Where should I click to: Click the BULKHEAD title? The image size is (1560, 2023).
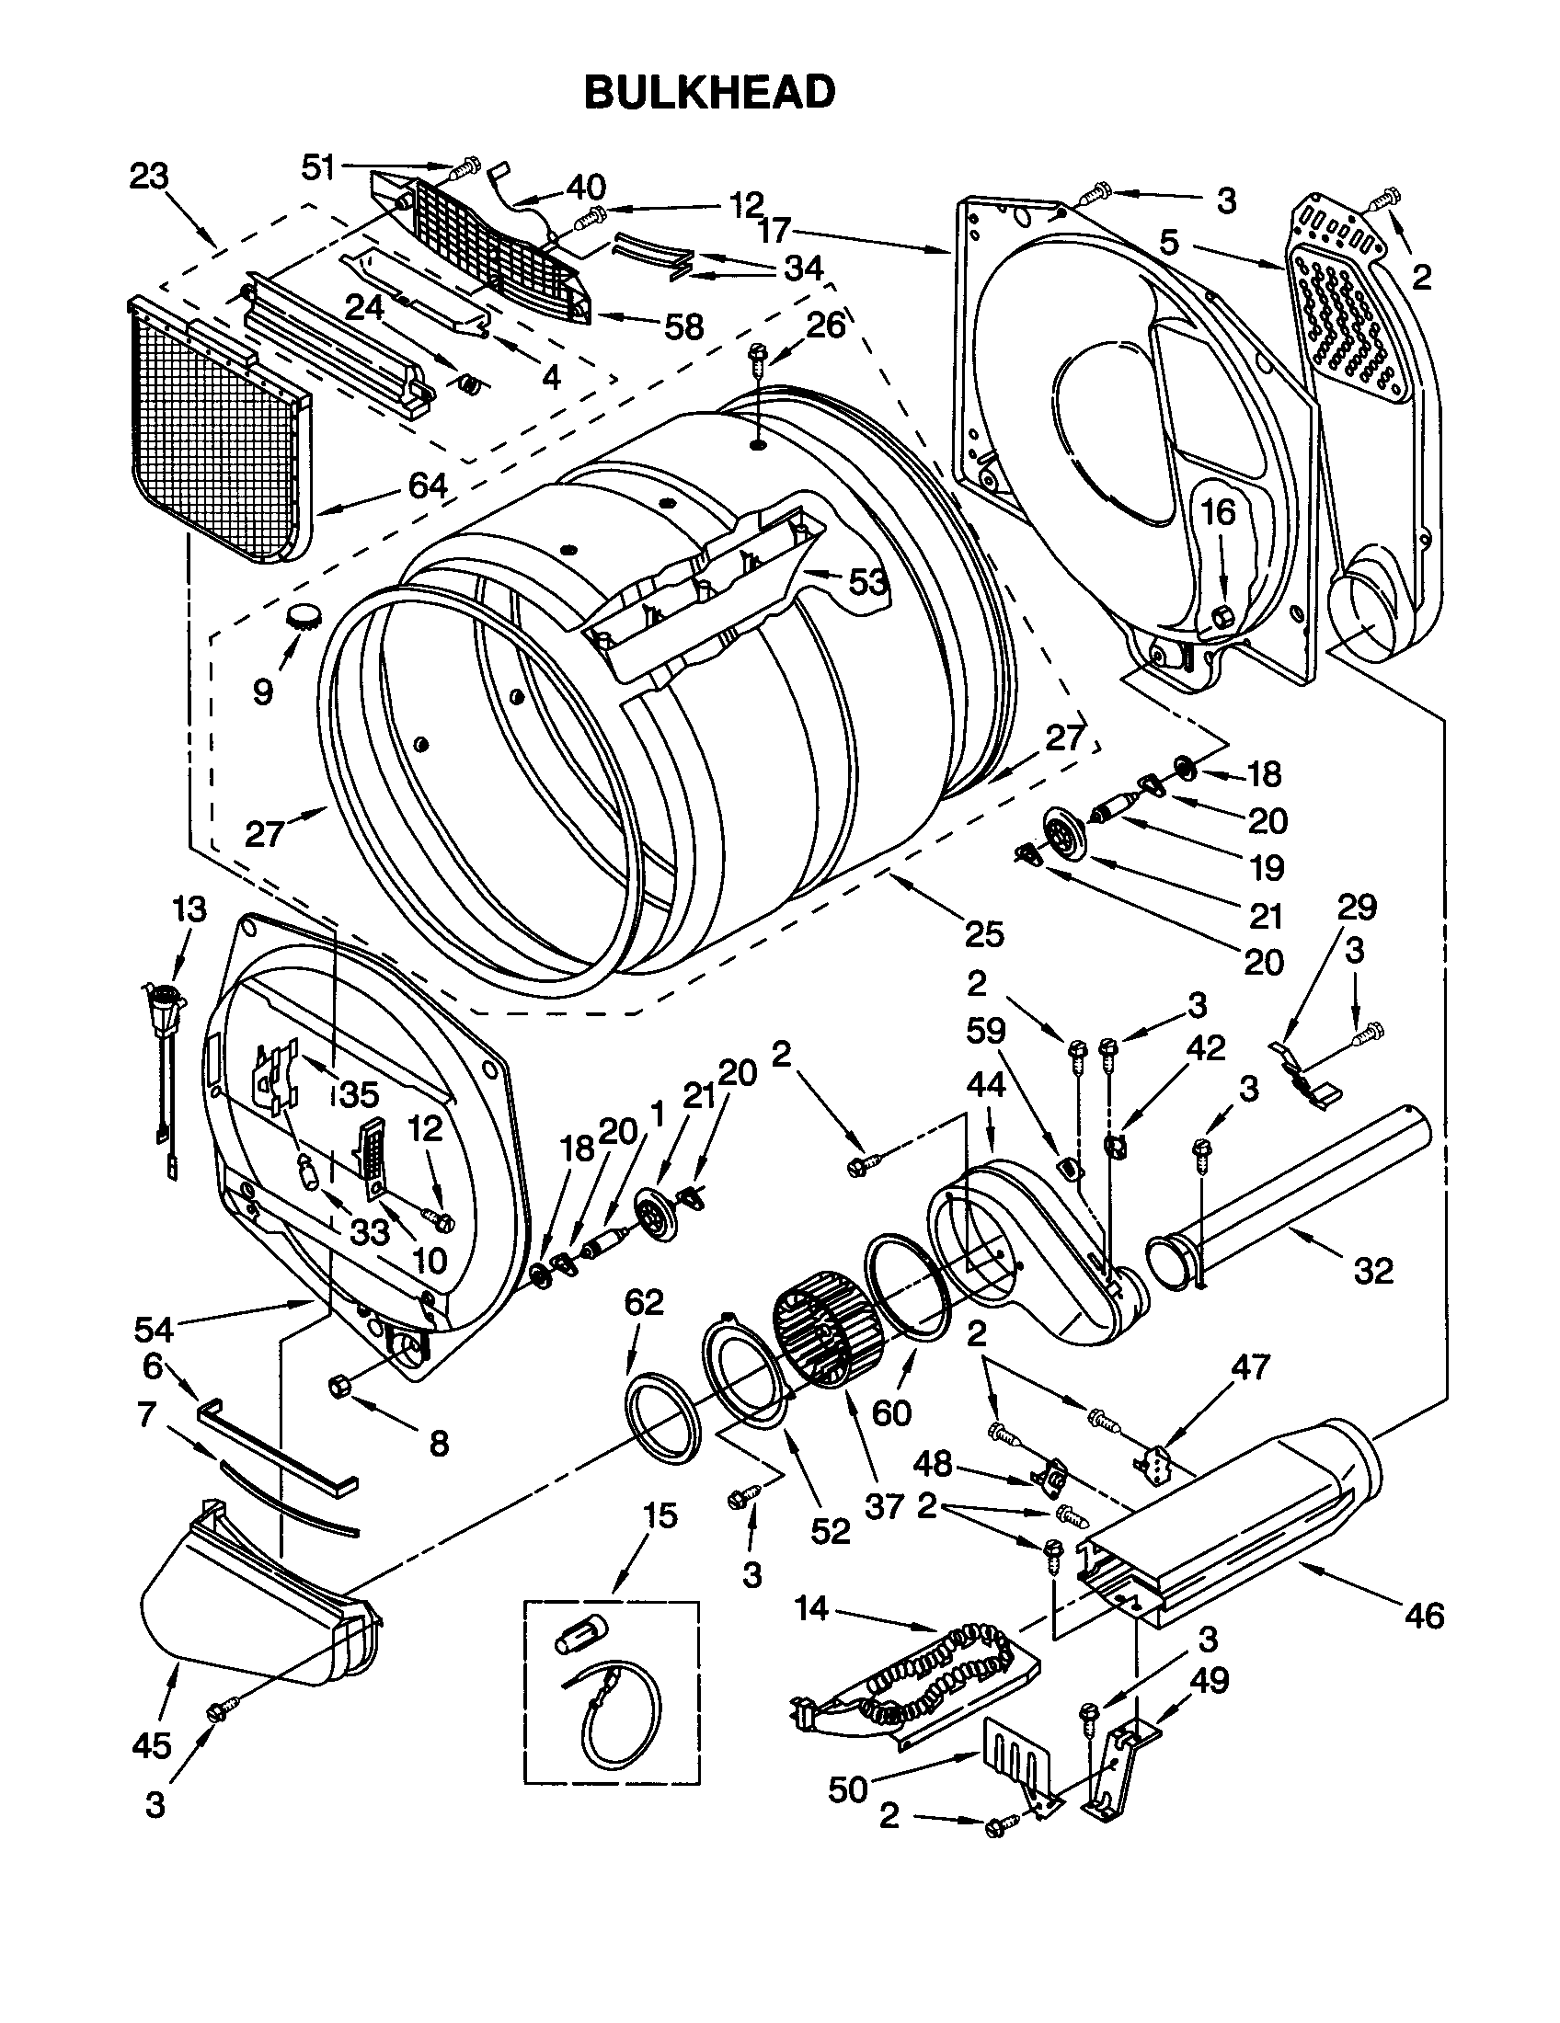click(x=709, y=92)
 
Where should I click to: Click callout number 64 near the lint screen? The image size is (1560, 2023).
click(x=427, y=486)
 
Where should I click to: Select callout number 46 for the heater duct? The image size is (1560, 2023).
click(x=1424, y=1616)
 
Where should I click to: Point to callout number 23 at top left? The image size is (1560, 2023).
click(x=148, y=175)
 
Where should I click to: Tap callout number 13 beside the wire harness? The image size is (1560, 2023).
click(x=189, y=909)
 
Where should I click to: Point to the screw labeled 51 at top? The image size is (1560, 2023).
click(x=463, y=170)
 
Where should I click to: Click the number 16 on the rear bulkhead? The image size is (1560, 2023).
click(x=1220, y=512)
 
